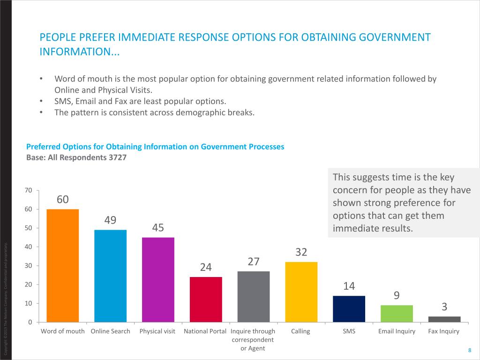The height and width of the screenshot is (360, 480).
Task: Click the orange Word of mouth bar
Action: coord(63,265)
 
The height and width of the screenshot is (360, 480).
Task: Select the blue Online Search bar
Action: coord(110,276)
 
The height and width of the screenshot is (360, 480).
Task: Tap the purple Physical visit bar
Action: coord(158,279)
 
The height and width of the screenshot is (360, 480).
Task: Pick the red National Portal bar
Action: coord(206,299)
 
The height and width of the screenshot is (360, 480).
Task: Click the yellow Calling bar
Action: coord(301,292)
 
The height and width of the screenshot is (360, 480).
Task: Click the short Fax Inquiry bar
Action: coord(444,319)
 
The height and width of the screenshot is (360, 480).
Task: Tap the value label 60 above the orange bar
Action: coord(63,200)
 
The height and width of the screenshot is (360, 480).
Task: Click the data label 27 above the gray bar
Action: coord(254,262)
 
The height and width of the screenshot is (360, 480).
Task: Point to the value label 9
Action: coord(397,295)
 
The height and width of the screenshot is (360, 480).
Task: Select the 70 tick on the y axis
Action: coord(28,190)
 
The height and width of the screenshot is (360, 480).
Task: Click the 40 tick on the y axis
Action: coord(28,247)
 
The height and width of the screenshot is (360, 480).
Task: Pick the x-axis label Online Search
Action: coord(110,331)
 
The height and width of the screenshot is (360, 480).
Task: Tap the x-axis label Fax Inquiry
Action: coord(444,331)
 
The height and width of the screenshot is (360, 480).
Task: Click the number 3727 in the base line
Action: coord(118,157)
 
